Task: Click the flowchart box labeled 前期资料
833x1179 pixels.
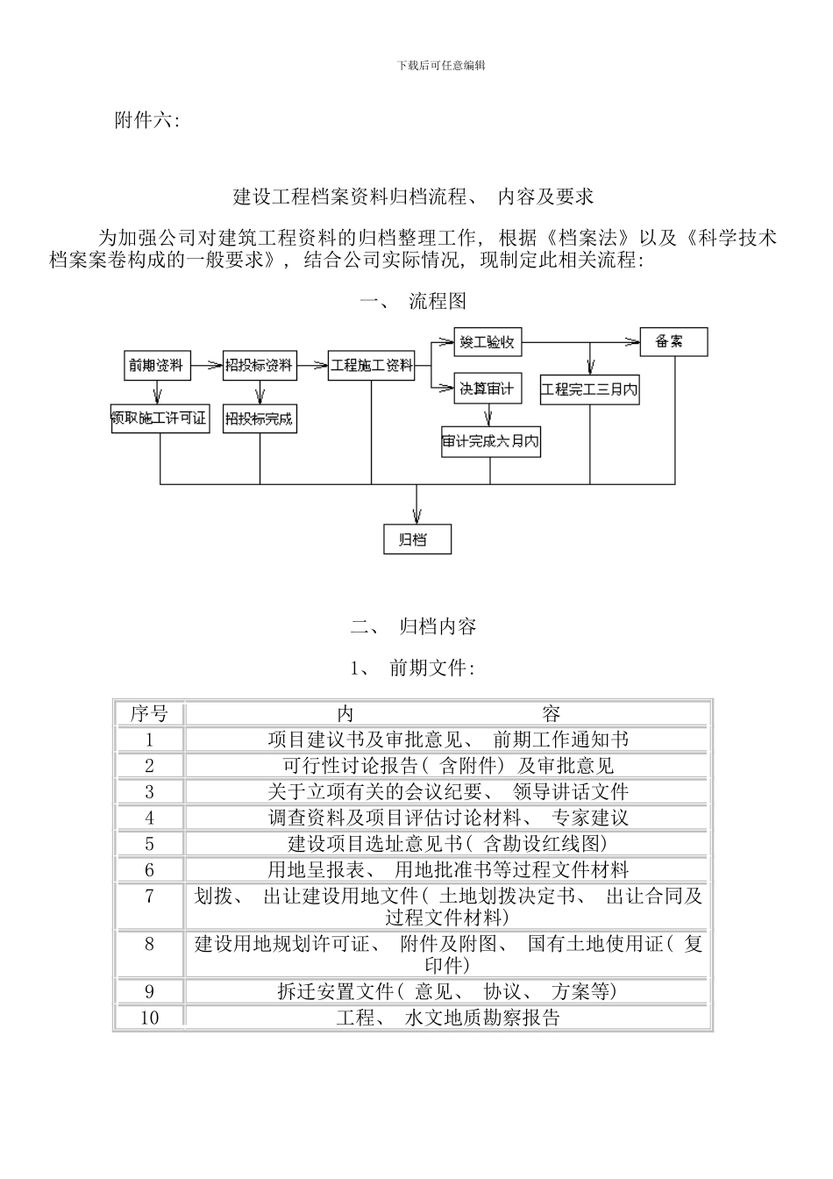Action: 155,365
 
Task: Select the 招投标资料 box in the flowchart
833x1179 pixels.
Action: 259,365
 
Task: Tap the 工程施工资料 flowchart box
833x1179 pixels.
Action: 371,365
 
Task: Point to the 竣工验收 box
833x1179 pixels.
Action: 488,342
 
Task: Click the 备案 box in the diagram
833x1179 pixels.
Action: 673,341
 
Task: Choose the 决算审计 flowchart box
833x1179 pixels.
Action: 488,388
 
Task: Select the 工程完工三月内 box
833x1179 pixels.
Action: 589,389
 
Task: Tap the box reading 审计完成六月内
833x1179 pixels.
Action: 490,441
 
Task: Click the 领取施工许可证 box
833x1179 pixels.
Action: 160,418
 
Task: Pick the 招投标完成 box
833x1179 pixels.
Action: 260,418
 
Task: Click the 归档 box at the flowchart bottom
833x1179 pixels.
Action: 417,539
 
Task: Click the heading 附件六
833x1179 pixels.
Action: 146,121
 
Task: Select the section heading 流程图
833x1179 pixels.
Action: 438,302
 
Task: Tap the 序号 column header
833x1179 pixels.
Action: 149,713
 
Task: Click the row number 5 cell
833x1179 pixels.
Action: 149,844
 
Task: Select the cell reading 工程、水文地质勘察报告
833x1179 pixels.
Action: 447,1018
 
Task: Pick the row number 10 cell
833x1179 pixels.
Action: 149,1018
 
